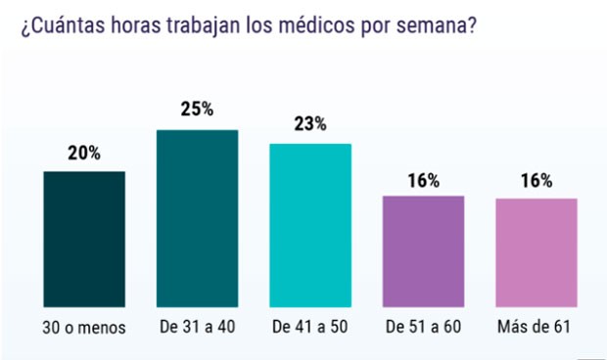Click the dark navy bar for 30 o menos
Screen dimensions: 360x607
pyautogui.click(x=84, y=240)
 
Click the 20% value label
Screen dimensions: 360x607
pyautogui.click(x=84, y=154)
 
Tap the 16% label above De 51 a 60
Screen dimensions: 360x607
pyautogui.click(x=423, y=180)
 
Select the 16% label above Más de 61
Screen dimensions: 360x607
pyautogui.click(x=537, y=180)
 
